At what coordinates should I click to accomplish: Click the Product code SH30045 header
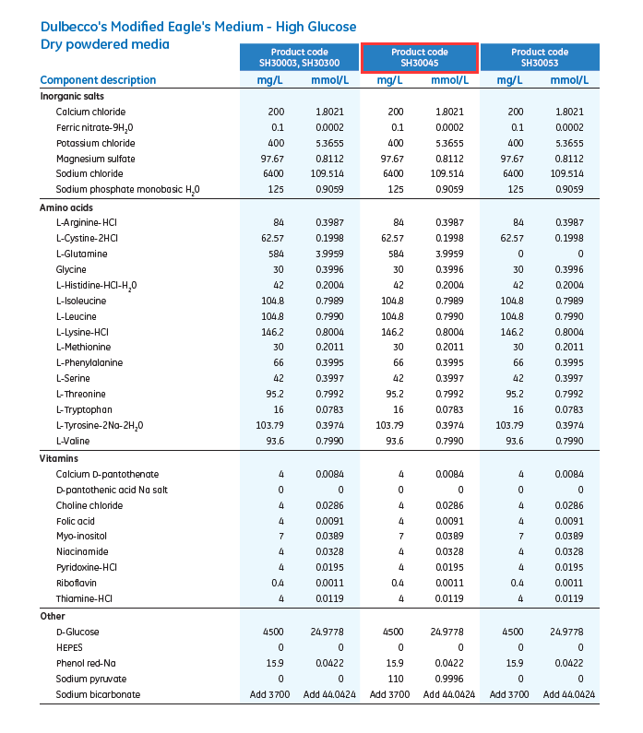(x=420, y=57)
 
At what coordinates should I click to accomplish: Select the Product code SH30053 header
(x=540, y=57)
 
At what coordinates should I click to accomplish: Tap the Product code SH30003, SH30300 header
(x=300, y=57)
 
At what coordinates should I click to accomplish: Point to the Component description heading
(x=98, y=80)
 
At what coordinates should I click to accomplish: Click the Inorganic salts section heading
(x=72, y=96)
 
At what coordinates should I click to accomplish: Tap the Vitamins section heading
(x=58, y=458)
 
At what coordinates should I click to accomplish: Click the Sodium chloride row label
(x=89, y=174)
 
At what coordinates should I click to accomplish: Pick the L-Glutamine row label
(x=81, y=254)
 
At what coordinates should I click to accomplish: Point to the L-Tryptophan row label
(x=84, y=410)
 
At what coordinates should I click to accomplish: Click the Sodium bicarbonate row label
(x=98, y=694)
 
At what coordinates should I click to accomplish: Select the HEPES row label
(x=69, y=647)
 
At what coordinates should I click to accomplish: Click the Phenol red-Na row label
(x=87, y=663)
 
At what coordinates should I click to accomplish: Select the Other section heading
(x=52, y=616)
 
